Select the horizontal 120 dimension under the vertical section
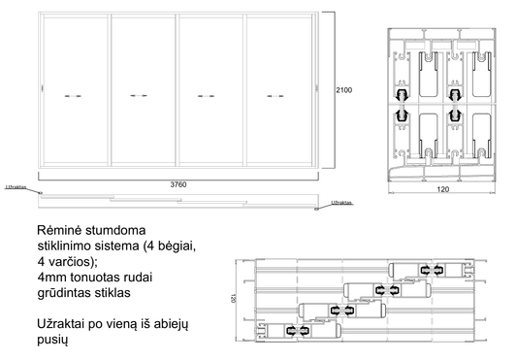click(442, 191)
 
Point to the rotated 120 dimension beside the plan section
click(234, 300)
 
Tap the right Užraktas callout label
click(340, 203)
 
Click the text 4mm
click(51, 277)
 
